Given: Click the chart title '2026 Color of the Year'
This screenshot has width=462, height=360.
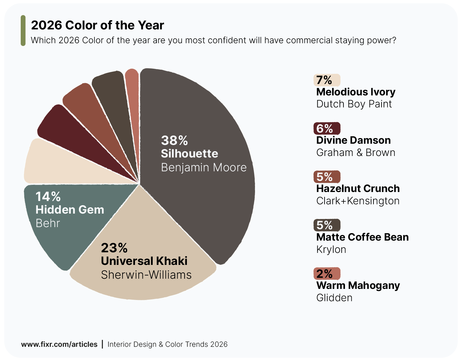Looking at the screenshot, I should (97, 25).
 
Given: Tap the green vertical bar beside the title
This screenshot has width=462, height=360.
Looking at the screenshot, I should (23, 31).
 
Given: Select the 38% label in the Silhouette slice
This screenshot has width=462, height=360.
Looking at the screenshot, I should (174, 140).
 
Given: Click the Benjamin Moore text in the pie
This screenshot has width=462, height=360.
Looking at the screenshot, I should (204, 167).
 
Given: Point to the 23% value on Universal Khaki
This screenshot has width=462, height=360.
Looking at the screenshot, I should (114, 248).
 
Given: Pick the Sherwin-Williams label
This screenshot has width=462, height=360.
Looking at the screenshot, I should (146, 275).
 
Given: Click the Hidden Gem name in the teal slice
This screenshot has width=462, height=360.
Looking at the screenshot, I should (70, 210).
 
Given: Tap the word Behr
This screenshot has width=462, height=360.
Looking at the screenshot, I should (48, 223).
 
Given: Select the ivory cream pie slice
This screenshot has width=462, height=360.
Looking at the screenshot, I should (60, 163).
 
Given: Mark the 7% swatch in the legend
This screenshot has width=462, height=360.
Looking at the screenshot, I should (327, 80).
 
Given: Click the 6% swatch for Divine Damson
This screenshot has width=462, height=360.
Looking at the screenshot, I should (327, 128).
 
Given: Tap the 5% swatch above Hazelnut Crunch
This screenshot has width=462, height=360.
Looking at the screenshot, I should (327, 177).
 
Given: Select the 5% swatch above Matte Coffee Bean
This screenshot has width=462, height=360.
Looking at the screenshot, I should (327, 225).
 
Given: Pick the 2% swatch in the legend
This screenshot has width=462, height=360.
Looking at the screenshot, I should (327, 274).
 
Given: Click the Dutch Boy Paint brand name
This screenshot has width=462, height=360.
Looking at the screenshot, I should (354, 104).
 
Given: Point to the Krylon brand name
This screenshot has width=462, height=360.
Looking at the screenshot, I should (331, 250).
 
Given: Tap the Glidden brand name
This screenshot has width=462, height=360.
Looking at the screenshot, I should (334, 298).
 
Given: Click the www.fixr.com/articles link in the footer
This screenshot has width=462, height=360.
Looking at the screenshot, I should (59, 344).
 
